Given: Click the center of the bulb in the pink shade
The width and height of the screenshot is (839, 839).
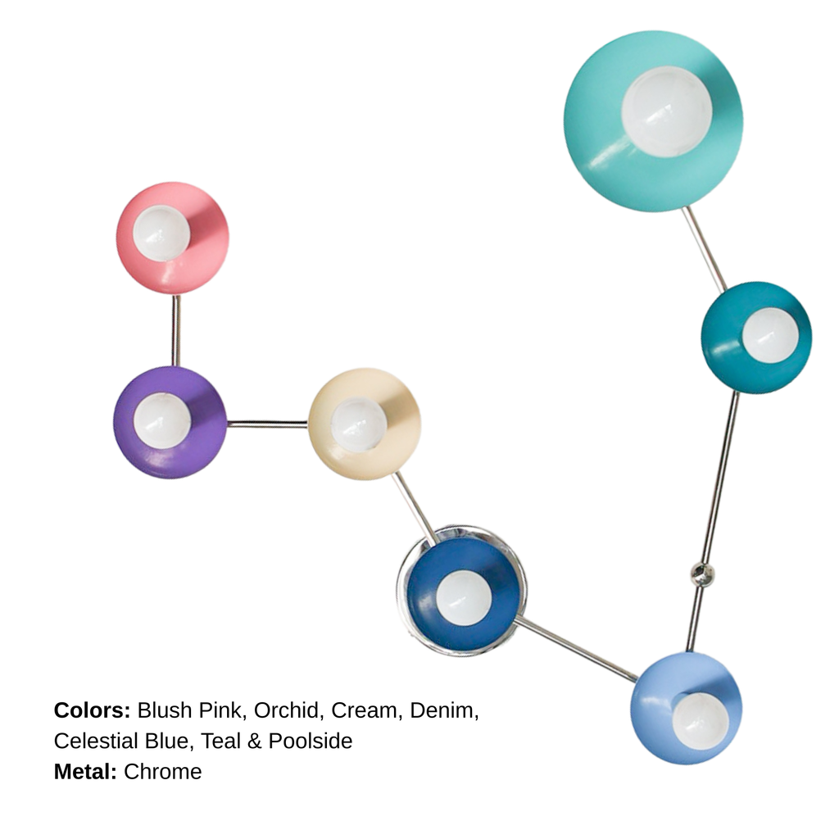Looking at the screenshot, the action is click(161, 233).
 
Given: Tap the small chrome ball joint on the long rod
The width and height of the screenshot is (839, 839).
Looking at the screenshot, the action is click(701, 574).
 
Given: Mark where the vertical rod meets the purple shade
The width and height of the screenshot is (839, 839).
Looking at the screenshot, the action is click(175, 367).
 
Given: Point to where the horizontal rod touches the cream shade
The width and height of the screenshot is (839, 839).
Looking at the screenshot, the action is click(308, 424).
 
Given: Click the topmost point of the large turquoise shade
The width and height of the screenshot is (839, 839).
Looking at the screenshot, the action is click(654, 31).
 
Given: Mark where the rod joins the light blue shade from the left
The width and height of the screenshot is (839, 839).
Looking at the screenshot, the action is click(636, 679).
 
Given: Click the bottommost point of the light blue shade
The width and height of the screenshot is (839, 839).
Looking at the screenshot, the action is click(686, 764).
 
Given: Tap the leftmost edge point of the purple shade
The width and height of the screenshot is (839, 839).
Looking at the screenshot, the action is click(113, 422).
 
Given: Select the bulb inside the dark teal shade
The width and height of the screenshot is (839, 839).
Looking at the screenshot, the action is click(770, 335).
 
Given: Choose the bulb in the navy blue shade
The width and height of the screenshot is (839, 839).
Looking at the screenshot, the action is click(464, 597).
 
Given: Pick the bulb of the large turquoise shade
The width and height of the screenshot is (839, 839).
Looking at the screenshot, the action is click(667, 111).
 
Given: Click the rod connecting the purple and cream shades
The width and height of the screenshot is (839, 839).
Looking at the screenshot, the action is click(268, 424).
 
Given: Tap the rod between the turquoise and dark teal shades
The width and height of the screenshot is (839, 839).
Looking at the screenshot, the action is click(704, 249).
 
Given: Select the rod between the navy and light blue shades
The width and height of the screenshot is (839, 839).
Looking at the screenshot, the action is click(576, 650).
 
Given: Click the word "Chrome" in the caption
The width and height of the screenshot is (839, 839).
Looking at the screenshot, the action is click(163, 772).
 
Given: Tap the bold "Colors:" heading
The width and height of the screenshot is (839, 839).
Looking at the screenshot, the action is click(92, 710).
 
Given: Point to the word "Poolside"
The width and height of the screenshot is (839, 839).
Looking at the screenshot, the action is click(311, 741).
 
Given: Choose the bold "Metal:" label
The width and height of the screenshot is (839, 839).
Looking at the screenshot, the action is click(85, 772).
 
